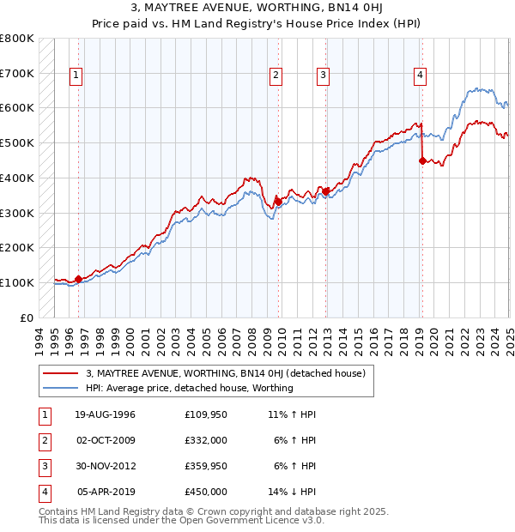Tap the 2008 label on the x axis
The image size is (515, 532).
250,339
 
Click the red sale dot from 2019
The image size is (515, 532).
422,160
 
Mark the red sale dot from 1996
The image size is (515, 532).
78,279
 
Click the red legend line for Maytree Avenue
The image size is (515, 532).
61,373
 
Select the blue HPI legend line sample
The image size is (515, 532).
61,388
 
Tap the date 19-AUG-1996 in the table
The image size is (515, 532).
106,414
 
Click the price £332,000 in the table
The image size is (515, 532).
206,440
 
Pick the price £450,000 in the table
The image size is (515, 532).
206,492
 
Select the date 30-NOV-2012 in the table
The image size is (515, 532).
106,466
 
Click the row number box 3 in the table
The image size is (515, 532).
43,466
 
